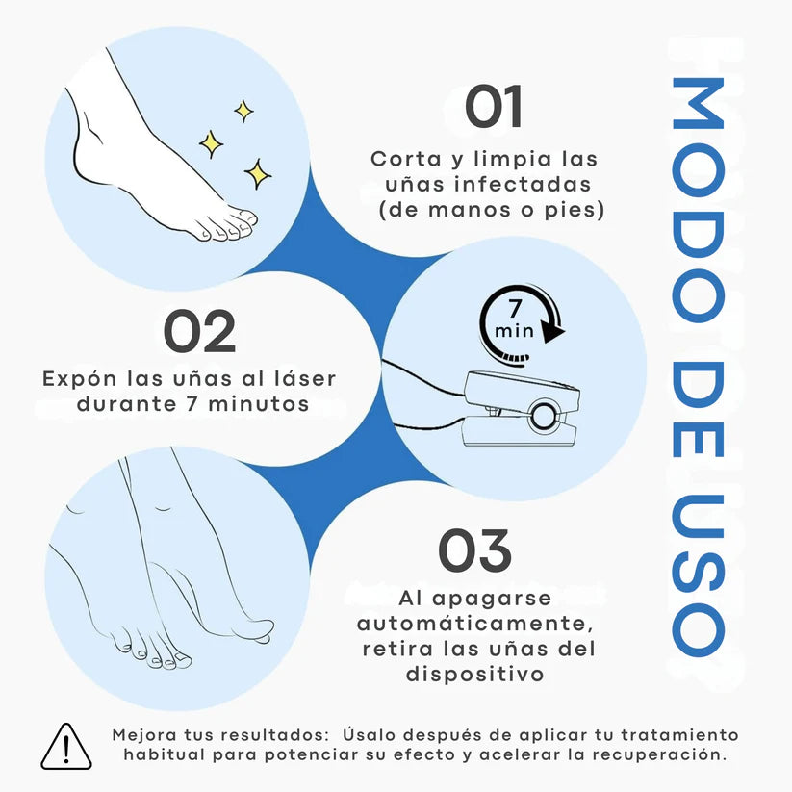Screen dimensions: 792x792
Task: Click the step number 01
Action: pos(493,107)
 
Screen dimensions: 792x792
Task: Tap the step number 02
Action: pos(198,331)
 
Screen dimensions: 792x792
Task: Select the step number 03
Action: pos(474,550)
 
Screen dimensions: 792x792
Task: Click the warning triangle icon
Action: pos(65,747)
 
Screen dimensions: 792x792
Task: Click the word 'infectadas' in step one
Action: pos(541,183)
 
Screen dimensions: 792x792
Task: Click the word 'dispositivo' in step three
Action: pos(474,675)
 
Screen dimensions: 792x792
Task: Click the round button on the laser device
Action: pos(545,416)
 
